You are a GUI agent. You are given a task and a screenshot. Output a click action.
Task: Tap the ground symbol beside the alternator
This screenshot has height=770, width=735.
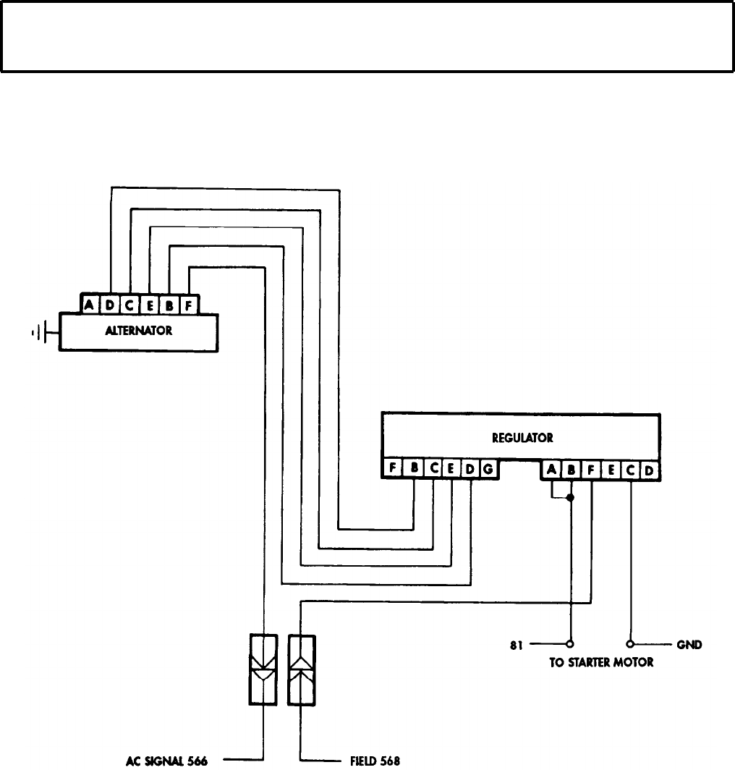click(x=41, y=333)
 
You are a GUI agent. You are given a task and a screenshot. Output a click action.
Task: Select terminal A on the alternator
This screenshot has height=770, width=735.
click(x=89, y=305)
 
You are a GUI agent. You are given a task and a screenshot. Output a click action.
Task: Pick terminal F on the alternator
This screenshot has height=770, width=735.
click(x=187, y=305)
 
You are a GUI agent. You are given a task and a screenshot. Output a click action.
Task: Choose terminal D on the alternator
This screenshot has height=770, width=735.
click(x=109, y=305)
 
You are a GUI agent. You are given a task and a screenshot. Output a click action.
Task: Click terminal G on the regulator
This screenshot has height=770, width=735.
click(x=488, y=469)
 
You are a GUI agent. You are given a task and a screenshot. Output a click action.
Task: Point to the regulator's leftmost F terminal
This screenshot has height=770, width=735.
click(x=392, y=469)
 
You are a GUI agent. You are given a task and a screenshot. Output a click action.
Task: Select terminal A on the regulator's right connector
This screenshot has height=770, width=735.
click(x=551, y=470)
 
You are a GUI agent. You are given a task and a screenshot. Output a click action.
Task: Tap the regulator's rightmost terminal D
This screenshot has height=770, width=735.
click(x=649, y=470)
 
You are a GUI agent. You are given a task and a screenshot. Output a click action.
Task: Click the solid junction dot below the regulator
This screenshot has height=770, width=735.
click(x=571, y=498)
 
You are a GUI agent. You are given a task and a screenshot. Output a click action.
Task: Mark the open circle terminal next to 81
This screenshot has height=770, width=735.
click(x=570, y=643)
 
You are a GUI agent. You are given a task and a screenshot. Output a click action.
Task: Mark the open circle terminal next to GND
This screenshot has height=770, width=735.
click(x=631, y=643)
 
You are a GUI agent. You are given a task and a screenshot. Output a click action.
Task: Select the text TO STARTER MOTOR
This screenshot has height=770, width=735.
click(x=600, y=662)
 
